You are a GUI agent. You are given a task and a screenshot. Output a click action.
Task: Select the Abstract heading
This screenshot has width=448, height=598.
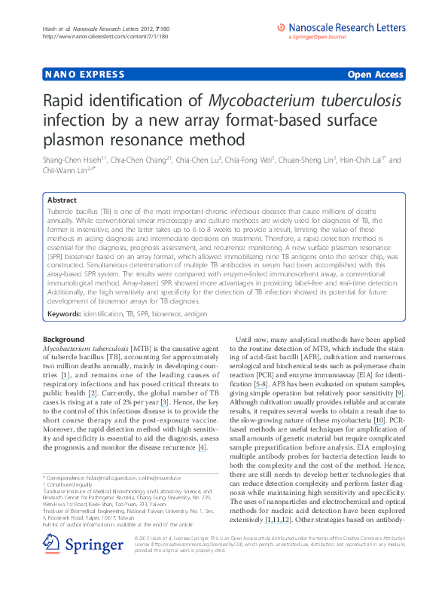[62, 201]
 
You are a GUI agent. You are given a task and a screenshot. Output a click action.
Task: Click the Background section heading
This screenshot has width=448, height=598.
[64, 339]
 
